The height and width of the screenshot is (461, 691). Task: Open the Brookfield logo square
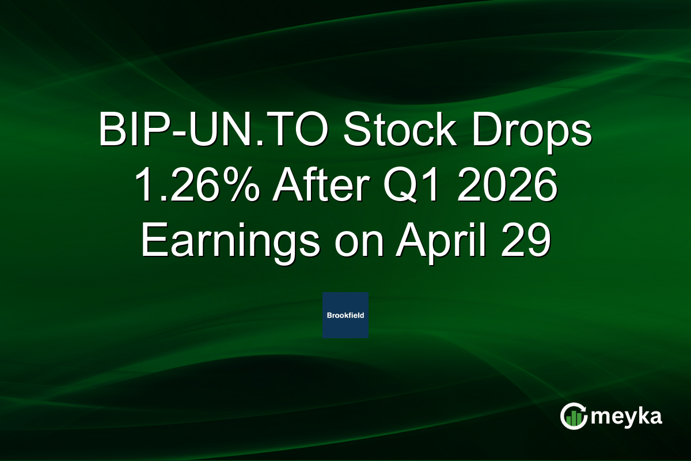click(x=345, y=315)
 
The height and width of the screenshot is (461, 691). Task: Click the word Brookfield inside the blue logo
click(x=345, y=315)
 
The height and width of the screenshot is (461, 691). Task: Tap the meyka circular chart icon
click(x=574, y=416)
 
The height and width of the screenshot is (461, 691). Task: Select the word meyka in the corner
click(x=627, y=417)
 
